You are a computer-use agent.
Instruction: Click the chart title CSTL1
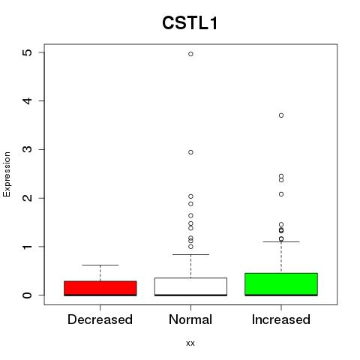(x=190, y=23)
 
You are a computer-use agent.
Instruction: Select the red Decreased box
(x=100, y=288)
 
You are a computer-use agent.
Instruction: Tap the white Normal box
(x=190, y=286)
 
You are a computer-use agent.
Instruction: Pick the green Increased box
(x=281, y=284)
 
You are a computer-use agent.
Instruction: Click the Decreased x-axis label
(x=100, y=319)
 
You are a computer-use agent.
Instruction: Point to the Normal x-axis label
(x=190, y=319)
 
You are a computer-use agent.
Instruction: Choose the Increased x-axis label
(x=281, y=319)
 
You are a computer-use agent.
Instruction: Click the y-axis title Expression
(x=7, y=174)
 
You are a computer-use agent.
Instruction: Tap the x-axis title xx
(x=190, y=343)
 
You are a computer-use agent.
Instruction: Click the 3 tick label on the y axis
(x=28, y=149)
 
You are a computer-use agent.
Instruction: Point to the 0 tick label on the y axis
(x=28, y=295)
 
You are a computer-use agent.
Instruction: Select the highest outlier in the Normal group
(x=190, y=54)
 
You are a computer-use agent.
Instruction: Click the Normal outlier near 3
(x=190, y=152)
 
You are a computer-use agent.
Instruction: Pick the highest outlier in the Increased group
(x=281, y=115)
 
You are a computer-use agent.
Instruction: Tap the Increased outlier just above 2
(x=281, y=194)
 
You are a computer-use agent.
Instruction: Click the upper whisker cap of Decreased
(x=100, y=265)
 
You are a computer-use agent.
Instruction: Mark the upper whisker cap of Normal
(x=190, y=254)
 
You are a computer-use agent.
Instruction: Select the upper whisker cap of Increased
(x=281, y=241)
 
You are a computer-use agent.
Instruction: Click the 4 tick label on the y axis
(x=28, y=100)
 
